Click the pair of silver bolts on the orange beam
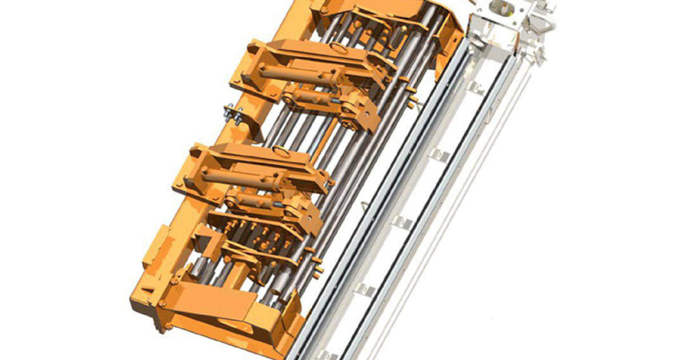click(233, 114)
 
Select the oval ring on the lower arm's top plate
click(281, 150)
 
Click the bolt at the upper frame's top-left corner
click(325, 10)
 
